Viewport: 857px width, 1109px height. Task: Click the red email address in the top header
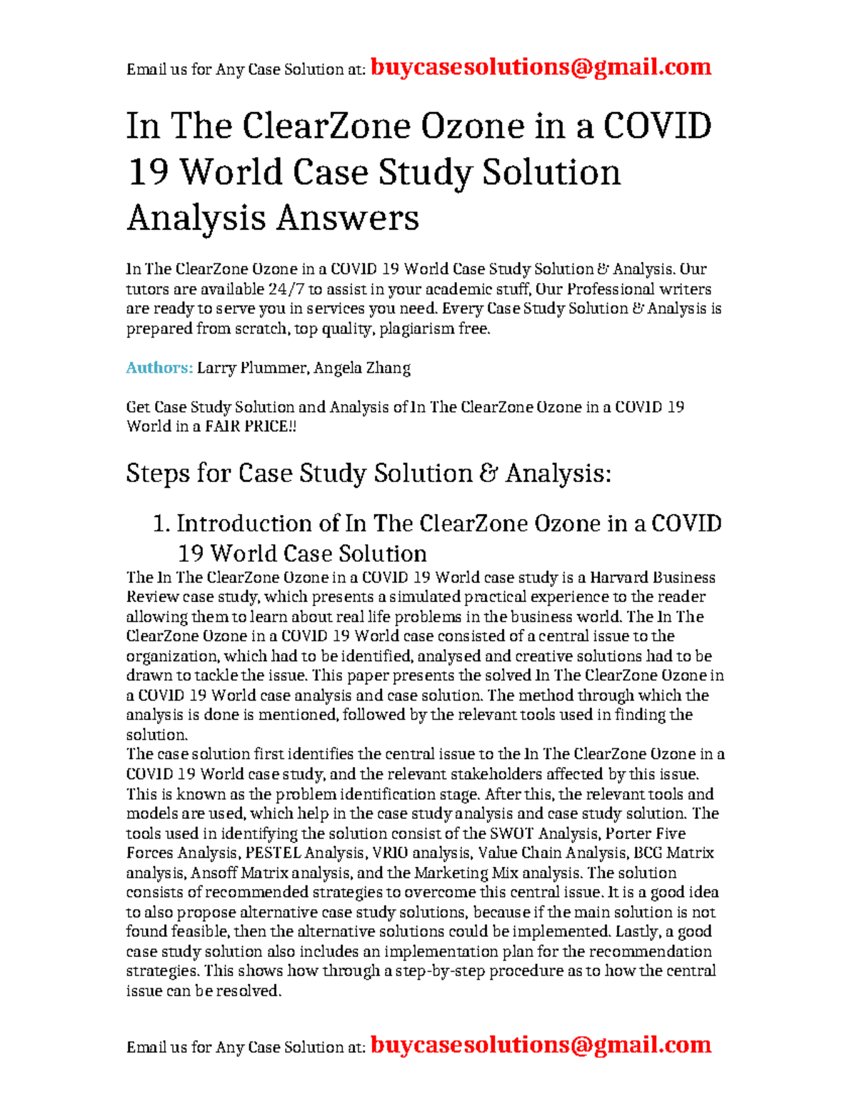pos(541,67)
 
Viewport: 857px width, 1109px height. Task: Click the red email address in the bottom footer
pos(541,1045)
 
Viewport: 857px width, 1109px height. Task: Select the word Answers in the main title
pos(347,218)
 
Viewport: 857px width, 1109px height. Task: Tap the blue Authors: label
pos(159,368)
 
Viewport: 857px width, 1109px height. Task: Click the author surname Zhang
pos(388,368)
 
